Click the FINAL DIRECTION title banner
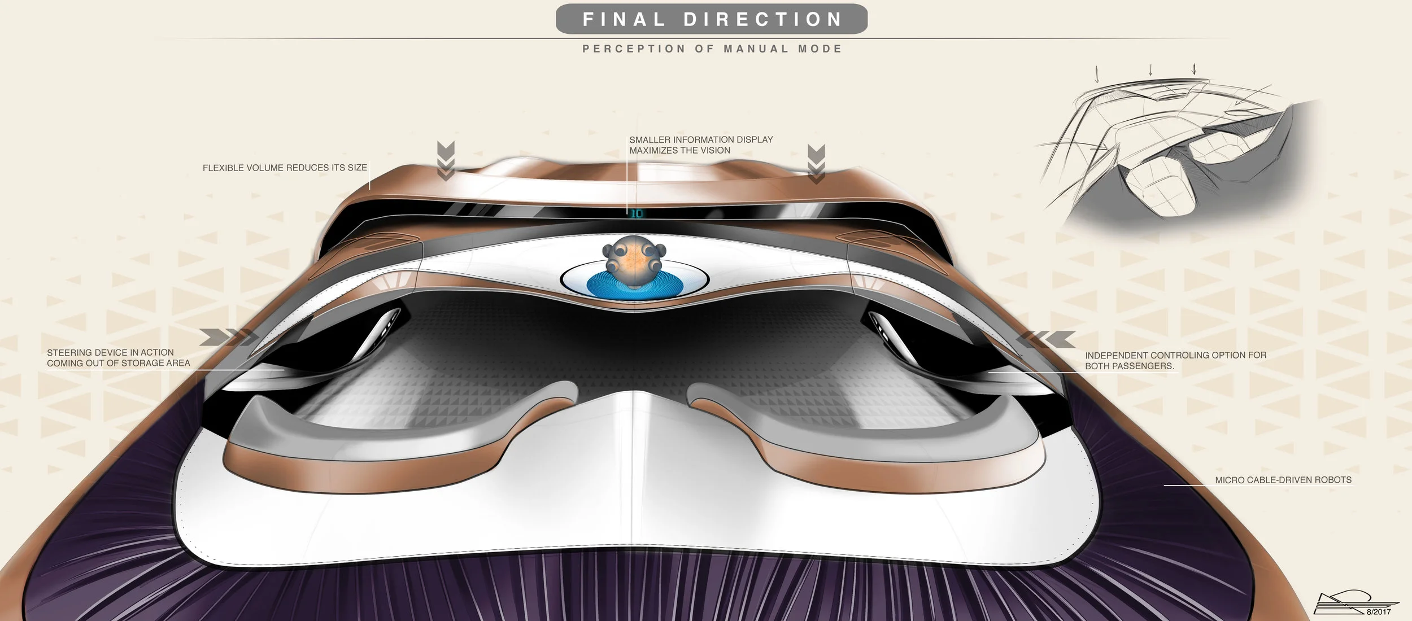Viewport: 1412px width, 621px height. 712,19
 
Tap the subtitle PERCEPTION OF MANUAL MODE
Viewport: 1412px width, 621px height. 712,49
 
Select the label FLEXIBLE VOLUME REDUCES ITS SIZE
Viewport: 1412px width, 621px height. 285,168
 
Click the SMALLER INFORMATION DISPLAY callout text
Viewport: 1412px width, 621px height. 701,145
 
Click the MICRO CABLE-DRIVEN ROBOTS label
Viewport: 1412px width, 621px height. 1283,480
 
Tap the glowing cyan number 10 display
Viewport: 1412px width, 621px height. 637,213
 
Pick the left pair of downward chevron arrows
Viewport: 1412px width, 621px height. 446,161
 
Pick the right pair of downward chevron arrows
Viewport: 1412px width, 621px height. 816,164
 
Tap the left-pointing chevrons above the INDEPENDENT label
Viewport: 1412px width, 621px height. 1046,339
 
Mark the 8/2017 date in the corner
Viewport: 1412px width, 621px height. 1379,612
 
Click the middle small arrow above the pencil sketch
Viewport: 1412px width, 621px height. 1150,70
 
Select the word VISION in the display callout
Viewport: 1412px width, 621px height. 716,151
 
